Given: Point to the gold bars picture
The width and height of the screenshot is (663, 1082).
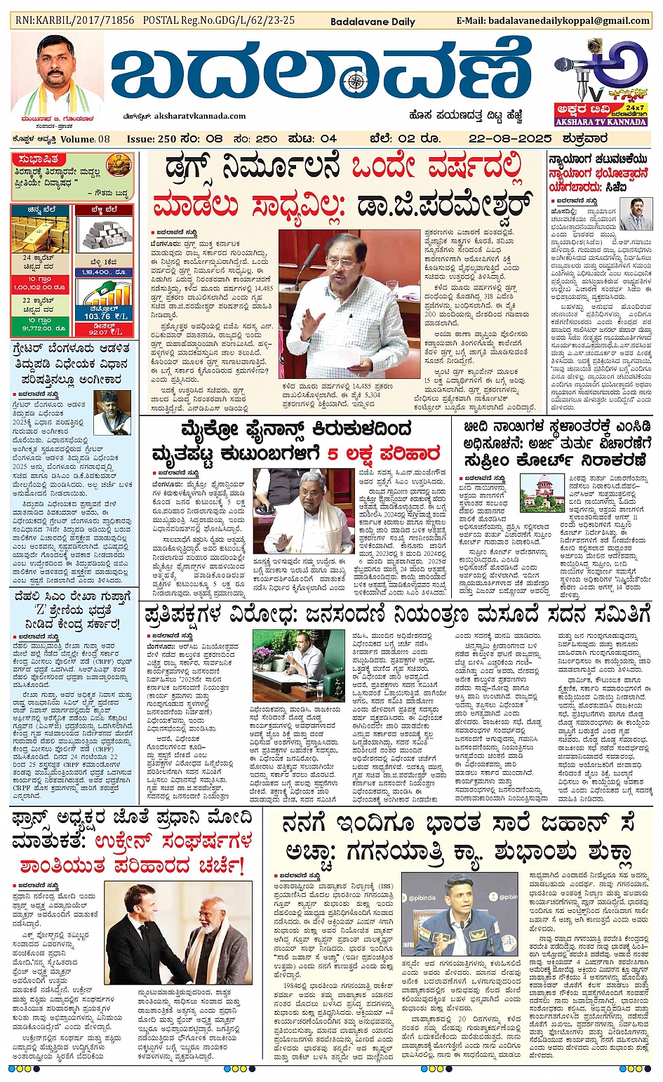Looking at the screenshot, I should click(x=39, y=234).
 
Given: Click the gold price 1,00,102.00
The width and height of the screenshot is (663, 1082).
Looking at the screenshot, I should click(x=40, y=288).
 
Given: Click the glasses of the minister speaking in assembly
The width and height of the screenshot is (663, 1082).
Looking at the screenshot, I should click(x=342, y=264).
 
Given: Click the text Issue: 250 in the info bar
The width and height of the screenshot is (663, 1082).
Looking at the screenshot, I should click(x=150, y=139).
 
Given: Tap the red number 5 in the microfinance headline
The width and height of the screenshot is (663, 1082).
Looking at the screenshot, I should click(x=334, y=453).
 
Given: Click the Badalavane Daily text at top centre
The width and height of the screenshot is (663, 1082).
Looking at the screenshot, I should click(x=373, y=22).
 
